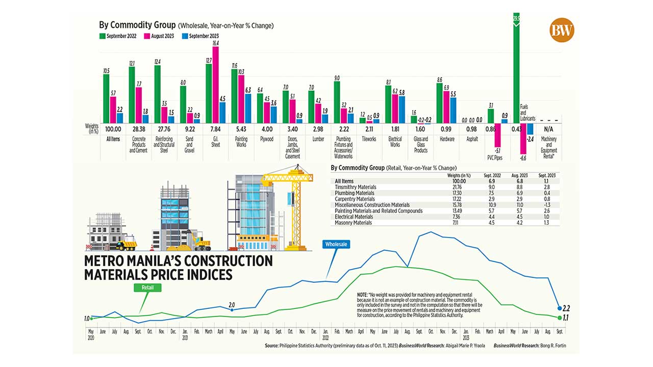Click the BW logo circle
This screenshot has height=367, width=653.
pos(562,30)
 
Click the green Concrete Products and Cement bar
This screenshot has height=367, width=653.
pos(132,95)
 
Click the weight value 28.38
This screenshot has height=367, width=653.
pos(139,129)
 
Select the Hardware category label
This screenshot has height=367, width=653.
pos(446,139)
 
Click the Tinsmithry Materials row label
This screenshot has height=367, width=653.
pos(355,187)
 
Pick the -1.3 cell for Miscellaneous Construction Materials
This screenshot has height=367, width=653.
pos(547,204)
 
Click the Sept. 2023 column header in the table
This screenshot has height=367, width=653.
pos(547,175)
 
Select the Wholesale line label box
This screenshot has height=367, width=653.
pos(336,244)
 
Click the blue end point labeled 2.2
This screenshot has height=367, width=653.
pos(560,308)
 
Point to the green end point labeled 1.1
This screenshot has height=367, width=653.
pos(560,318)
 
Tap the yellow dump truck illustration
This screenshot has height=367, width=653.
pos(125,246)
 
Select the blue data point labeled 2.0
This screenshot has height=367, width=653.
pos(232,309)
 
